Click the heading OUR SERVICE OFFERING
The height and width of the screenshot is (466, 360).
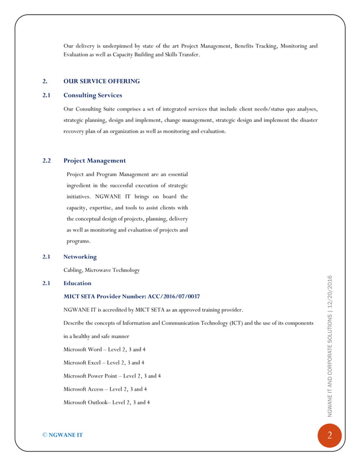pyautogui.click(x=102, y=81)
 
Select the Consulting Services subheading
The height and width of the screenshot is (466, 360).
pyautogui.click(x=93, y=95)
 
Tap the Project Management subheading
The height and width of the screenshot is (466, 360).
pyautogui.click(x=94, y=161)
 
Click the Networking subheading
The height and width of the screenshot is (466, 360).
pyautogui.click(x=80, y=257)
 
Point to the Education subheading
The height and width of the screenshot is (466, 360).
pyautogui.click(x=77, y=283)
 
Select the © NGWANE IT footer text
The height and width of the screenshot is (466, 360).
pyautogui.click(x=63, y=435)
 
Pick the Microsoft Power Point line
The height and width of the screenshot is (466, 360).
pyautogui.click(x=112, y=376)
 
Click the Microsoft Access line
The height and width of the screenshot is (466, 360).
pyautogui.click(x=106, y=389)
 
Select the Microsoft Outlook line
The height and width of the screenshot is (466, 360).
pyautogui.click(x=107, y=402)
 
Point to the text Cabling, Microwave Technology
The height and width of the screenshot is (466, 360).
pyautogui.click(x=102, y=270)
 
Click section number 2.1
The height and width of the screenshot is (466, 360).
pyautogui.click(x=47, y=95)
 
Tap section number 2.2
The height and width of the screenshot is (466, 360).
pyautogui.click(x=47, y=161)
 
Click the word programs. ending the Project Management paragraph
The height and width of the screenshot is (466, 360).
pyautogui.click(x=78, y=241)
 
